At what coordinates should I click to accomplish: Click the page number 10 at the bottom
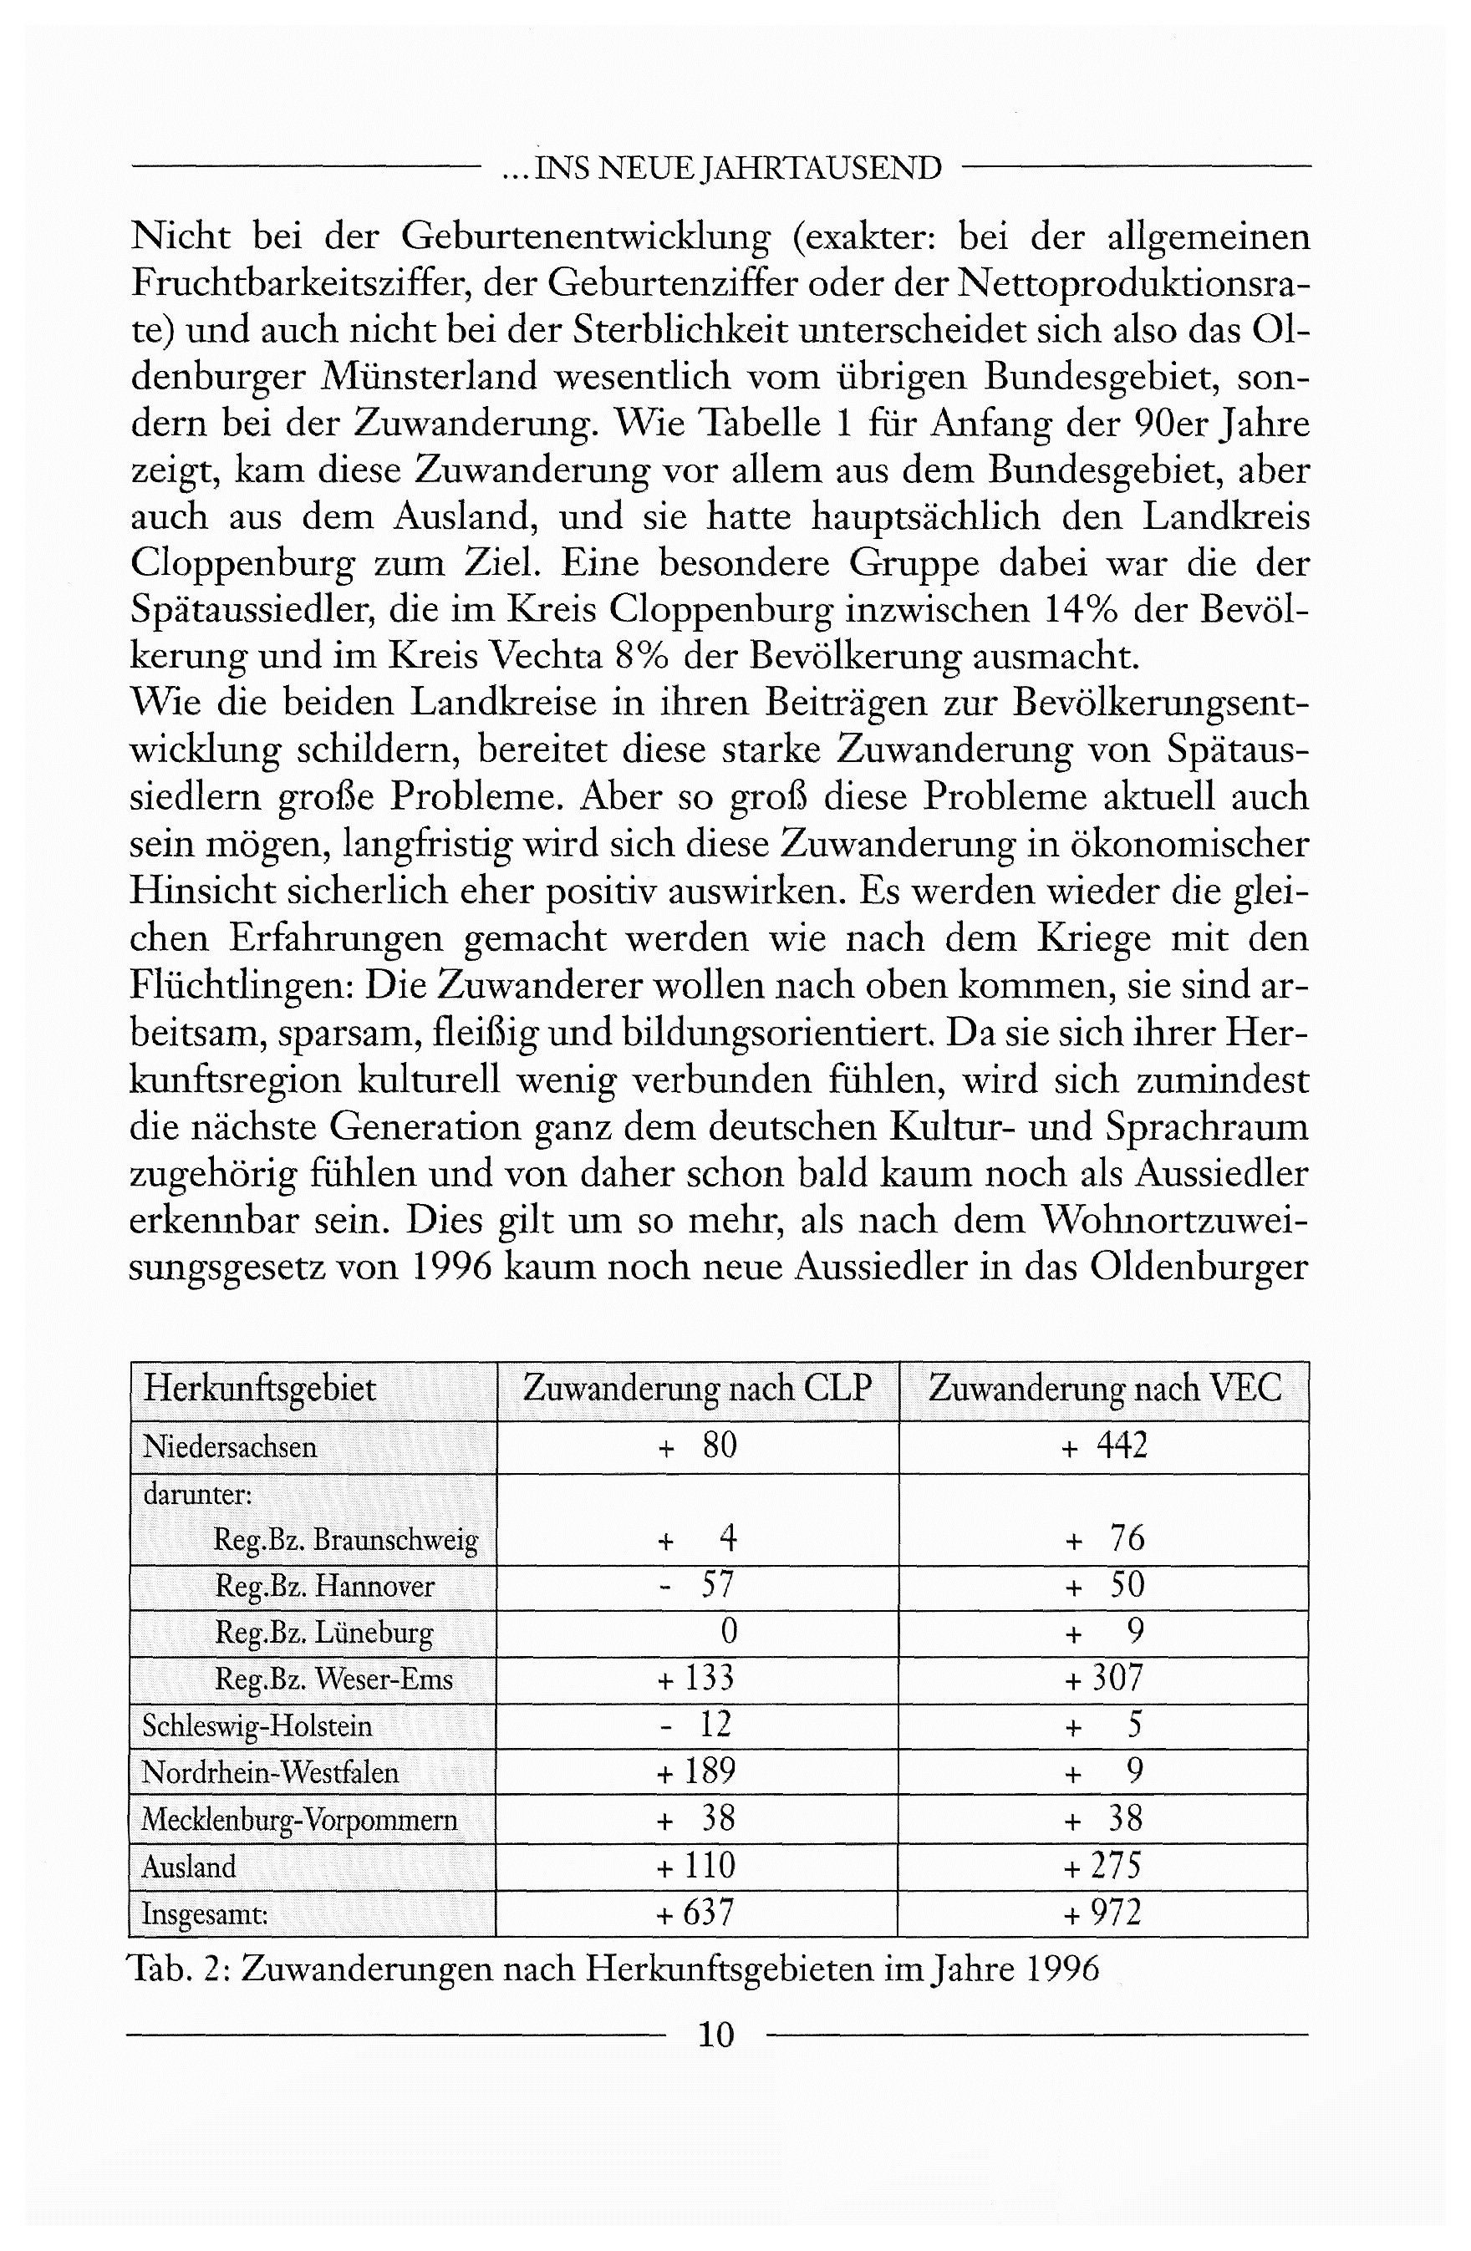715,2034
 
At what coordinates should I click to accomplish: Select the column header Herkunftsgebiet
259,1389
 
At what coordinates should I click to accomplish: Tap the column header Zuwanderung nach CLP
696,1389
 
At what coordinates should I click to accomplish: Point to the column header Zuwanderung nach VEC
1104,1389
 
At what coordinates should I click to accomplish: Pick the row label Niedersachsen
229,1446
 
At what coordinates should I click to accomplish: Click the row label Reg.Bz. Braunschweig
345,1540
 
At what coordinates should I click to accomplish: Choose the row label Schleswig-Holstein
257,1726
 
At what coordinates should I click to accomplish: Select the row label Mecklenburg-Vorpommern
299,1820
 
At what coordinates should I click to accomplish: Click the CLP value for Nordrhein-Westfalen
696,1771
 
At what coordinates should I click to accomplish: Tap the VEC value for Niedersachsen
1104,1446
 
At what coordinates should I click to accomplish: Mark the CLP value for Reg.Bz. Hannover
696,1585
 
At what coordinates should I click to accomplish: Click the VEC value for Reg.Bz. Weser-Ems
1104,1679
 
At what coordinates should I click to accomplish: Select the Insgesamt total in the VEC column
1102,1913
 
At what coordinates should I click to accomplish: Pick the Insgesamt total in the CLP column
695,1913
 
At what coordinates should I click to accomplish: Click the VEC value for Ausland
1102,1865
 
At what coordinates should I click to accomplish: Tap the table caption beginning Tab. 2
613,1969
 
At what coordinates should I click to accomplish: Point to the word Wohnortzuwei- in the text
1174,1221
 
